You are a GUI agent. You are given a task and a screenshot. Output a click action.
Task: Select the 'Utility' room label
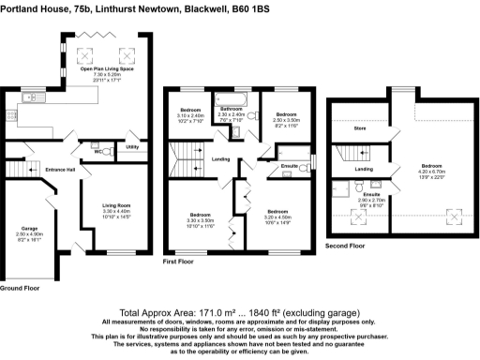point(132,147)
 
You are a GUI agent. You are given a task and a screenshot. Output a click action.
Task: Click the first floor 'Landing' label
point(221,158)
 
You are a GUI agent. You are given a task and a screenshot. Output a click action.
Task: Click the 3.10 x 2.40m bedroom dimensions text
point(191,116)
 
